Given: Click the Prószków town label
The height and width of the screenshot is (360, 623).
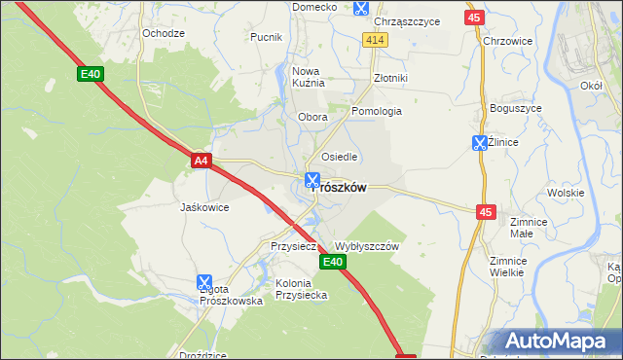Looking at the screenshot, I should (x=339, y=189).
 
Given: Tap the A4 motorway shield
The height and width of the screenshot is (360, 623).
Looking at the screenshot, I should (x=201, y=161).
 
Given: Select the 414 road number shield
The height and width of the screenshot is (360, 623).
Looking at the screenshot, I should (x=376, y=39).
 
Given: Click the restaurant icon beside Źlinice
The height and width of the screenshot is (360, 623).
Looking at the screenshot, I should (x=479, y=143).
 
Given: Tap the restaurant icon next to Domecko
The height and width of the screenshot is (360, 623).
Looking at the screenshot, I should (x=361, y=8).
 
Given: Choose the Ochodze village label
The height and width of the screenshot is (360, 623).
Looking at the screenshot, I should (x=164, y=33).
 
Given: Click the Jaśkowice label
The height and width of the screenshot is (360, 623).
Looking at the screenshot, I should (x=204, y=207).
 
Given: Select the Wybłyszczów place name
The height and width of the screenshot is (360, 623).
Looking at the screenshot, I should (x=367, y=247).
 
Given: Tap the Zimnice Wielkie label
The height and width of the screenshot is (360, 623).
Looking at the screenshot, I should (x=507, y=267).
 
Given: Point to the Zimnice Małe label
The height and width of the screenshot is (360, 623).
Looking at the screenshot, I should (x=530, y=228).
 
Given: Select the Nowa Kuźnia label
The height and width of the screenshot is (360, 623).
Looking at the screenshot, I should (x=308, y=77).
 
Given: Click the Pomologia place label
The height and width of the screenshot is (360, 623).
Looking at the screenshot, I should (x=377, y=111).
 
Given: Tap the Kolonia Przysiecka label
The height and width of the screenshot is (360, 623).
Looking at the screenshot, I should (x=301, y=289).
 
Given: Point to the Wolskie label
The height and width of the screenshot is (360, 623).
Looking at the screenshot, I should (x=565, y=193).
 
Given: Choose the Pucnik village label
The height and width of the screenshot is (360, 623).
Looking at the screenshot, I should (x=266, y=37).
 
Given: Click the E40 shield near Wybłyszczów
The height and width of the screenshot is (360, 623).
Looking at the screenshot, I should (x=331, y=262).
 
